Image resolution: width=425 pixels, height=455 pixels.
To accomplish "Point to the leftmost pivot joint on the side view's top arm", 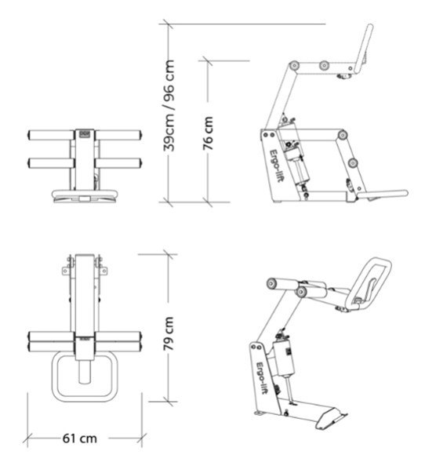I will point(295,65).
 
